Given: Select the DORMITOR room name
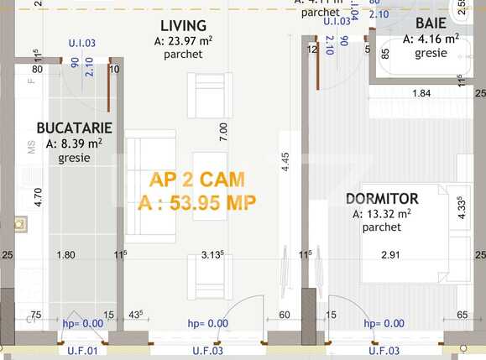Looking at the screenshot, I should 382,199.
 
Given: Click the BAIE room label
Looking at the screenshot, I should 431,23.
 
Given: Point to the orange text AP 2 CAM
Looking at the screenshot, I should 197,180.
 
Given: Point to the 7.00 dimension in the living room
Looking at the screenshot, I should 222,131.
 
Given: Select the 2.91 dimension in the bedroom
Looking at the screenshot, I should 390,254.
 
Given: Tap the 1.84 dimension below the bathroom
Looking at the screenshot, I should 421,93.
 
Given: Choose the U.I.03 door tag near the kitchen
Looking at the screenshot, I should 82,42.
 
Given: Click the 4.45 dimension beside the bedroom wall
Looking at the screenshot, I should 286,162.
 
